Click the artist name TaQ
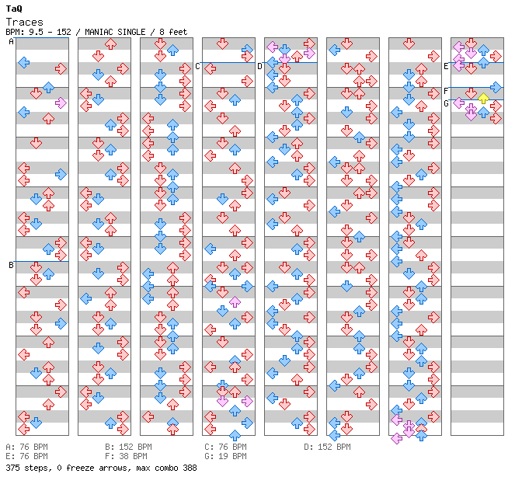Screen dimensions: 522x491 [x=14, y=9]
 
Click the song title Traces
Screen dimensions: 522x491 [x=25, y=23]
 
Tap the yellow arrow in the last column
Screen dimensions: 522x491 [x=483, y=99]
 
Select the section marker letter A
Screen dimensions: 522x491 [x=11, y=42]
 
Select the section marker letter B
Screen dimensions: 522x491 [x=11, y=265]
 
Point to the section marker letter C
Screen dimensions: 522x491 [x=197, y=66]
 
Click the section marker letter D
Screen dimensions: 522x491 [x=259, y=66]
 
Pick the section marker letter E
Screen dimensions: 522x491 [x=446, y=66]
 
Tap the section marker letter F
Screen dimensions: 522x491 [x=446, y=91]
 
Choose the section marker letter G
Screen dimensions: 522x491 [x=446, y=103]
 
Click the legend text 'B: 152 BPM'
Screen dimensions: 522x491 [x=128, y=447]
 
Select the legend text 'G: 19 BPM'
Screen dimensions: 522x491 [x=226, y=456]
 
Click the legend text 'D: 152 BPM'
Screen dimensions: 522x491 [x=327, y=447]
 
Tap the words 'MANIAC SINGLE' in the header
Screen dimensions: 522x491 [x=115, y=32]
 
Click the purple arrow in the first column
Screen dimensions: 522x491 [x=61, y=103]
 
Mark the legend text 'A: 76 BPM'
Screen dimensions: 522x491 [x=26, y=447]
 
